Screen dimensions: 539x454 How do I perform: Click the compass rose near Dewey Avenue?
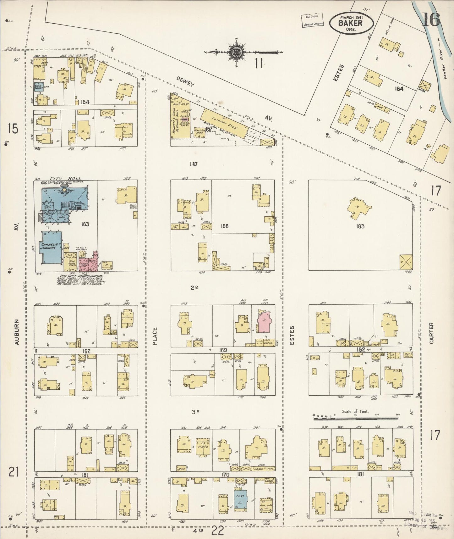pos(235,53)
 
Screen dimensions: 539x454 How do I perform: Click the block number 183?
pos(360,226)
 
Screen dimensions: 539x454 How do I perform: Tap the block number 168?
pos(224,226)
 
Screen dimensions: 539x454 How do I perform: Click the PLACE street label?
pos(155,336)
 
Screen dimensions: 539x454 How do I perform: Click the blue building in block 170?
pos(241,499)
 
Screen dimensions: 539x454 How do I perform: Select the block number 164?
pos(85,102)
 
